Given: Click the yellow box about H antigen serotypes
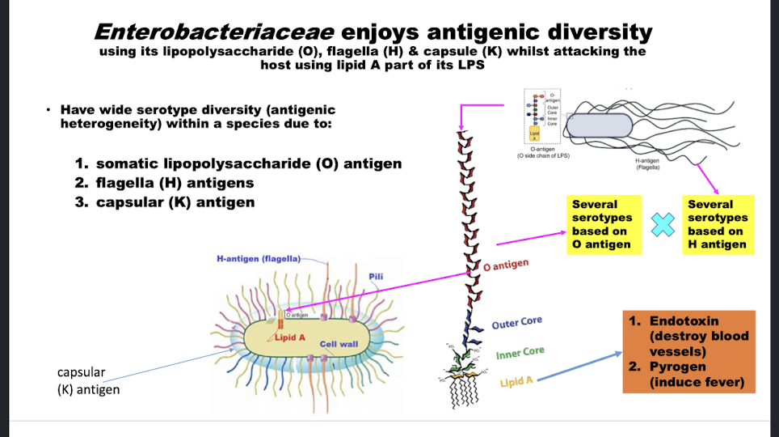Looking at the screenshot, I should tap(718, 224).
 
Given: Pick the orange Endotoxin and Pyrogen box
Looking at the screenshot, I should tap(689, 351).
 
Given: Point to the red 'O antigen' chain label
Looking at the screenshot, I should tap(507, 265).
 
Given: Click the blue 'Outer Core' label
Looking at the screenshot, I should tap(516, 323).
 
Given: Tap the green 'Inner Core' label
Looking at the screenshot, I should tap(520, 353).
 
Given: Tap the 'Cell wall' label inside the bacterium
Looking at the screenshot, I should tap(339, 344).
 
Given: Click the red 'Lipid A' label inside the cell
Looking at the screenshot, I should tap(290, 337).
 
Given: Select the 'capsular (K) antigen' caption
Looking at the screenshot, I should tap(88, 381).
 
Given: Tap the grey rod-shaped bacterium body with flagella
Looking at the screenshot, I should tap(599, 124).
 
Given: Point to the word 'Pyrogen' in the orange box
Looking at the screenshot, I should tap(678, 367).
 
